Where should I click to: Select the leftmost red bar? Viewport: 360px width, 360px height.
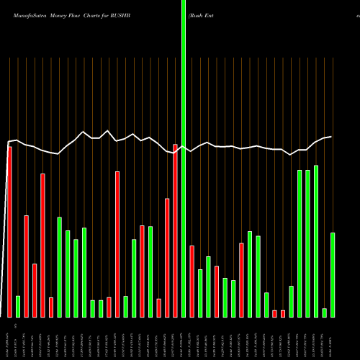click(x=9, y=230)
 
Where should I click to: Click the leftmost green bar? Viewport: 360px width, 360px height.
click(x=18, y=306)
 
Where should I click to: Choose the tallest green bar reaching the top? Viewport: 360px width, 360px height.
click(x=184, y=158)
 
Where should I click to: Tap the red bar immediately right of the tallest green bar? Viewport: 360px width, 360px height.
click(x=192, y=281)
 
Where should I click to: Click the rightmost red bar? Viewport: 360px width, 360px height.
click(x=283, y=313)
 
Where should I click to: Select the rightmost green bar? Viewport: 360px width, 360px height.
click(x=333, y=274)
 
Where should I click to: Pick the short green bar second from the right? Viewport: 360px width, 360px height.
click(x=325, y=312)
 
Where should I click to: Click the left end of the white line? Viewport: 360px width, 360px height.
click(x=8, y=141)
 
